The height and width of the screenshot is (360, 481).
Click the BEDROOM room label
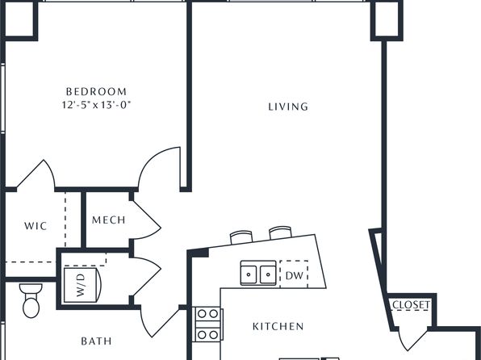click(96, 91)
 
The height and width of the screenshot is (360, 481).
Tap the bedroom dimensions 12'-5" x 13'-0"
click(96, 105)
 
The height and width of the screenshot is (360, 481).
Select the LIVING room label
click(288, 107)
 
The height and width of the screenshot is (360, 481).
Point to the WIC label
click(36, 226)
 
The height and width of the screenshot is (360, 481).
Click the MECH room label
click(109, 220)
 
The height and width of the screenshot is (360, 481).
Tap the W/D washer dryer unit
click(82, 285)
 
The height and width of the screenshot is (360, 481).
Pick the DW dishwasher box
click(294, 274)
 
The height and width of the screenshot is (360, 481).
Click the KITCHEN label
click(278, 326)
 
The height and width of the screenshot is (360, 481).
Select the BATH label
click(96, 341)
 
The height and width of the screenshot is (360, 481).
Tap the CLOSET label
click(411, 305)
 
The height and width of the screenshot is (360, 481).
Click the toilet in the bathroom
click(31, 300)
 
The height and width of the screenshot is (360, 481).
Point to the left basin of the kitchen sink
click(249, 274)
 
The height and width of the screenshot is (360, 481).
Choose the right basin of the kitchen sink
click(268, 274)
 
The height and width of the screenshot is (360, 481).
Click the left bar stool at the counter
click(241, 237)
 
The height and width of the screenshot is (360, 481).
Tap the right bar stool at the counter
click(280, 232)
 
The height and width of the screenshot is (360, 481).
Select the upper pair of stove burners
click(207, 314)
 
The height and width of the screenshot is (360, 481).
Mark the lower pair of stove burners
click(207, 334)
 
